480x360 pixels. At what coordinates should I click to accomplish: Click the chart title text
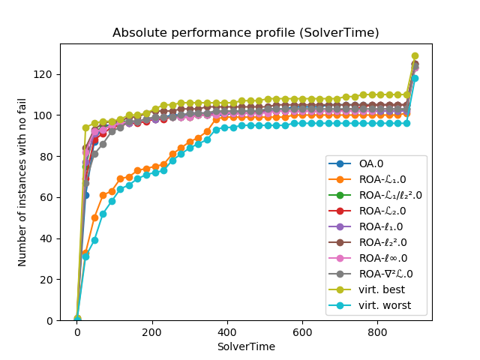coord(245,33)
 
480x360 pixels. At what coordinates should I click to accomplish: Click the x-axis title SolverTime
coord(245,346)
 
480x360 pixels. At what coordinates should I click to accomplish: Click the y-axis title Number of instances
coord(22,182)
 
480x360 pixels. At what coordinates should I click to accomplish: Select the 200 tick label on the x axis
coord(152,332)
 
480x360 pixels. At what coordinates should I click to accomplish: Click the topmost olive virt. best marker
coord(415,56)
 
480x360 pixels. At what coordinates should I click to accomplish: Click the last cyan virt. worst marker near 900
coord(415,78)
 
